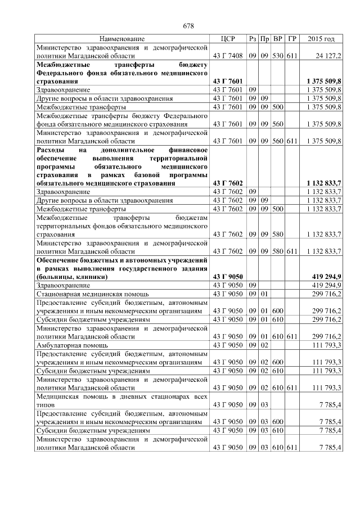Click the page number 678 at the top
pyautogui.click(x=188, y=26)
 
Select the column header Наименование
pyautogui.click(x=122, y=39)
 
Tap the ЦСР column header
pyautogui.click(x=227, y=39)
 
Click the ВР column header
pyautogui.click(x=278, y=39)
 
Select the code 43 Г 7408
pyautogui.click(x=228, y=56)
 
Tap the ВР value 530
pyautogui.click(x=278, y=56)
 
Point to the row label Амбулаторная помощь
pyautogui.click(x=69, y=345)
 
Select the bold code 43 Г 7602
pyautogui.click(x=228, y=183)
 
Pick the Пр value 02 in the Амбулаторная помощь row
pyautogui.click(x=264, y=345)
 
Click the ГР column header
pyautogui.click(x=292, y=39)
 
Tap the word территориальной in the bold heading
pyautogui.click(x=177, y=159)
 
